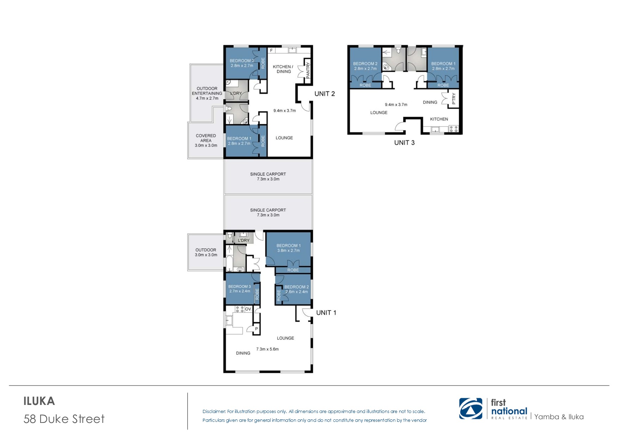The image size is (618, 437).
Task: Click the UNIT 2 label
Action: point(325,94)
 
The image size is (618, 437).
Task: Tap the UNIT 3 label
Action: point(404,143)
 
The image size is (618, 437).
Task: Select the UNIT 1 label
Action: point(326,313)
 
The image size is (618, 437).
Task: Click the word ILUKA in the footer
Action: point(39,401)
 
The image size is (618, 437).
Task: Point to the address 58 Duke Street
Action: point(64,419)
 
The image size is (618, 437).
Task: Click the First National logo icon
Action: point(471,409)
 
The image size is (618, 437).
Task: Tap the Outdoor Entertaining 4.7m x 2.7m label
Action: point(207,93)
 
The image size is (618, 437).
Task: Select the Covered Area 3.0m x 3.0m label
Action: point(206,140)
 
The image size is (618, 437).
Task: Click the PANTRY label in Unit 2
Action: point(308,70)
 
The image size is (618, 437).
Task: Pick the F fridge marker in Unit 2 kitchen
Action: point(271,51)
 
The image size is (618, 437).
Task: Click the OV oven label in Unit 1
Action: point(248,309)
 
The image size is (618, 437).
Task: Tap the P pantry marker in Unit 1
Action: point(256,329)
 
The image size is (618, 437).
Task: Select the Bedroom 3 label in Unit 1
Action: point(240,289)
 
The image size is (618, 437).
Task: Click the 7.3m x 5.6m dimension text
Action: point(267,349)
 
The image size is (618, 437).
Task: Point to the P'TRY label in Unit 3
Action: point(454,99)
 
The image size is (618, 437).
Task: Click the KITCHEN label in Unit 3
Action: point(439,119)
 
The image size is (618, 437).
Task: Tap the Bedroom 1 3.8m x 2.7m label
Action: point(289,248)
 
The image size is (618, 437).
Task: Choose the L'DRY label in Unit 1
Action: point(243,240)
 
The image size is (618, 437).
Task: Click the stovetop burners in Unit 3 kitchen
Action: point(454,129)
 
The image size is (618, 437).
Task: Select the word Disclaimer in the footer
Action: point(214,411)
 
